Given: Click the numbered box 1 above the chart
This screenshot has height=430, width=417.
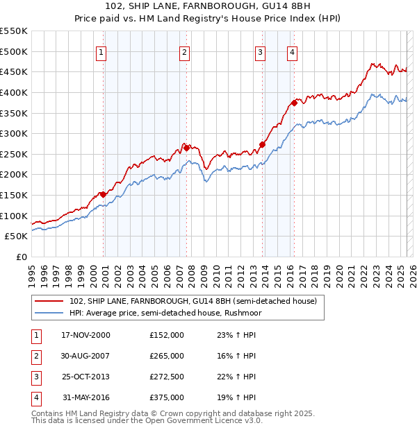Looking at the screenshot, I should tap(101, 51).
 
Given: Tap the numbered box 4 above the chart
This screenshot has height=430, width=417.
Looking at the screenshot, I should tap(293, 51).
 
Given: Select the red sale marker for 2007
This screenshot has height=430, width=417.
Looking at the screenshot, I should tap(186, 146).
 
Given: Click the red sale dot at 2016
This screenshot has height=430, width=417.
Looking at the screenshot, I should tap(294, 103).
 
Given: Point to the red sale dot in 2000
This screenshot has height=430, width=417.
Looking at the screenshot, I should tap(103, 194).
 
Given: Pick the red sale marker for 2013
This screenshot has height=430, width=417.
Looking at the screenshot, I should tap(262, 145).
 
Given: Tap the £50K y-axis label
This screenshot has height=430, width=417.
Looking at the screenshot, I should tap(17, 237).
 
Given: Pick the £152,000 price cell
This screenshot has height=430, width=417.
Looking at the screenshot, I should tap(167, 334).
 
